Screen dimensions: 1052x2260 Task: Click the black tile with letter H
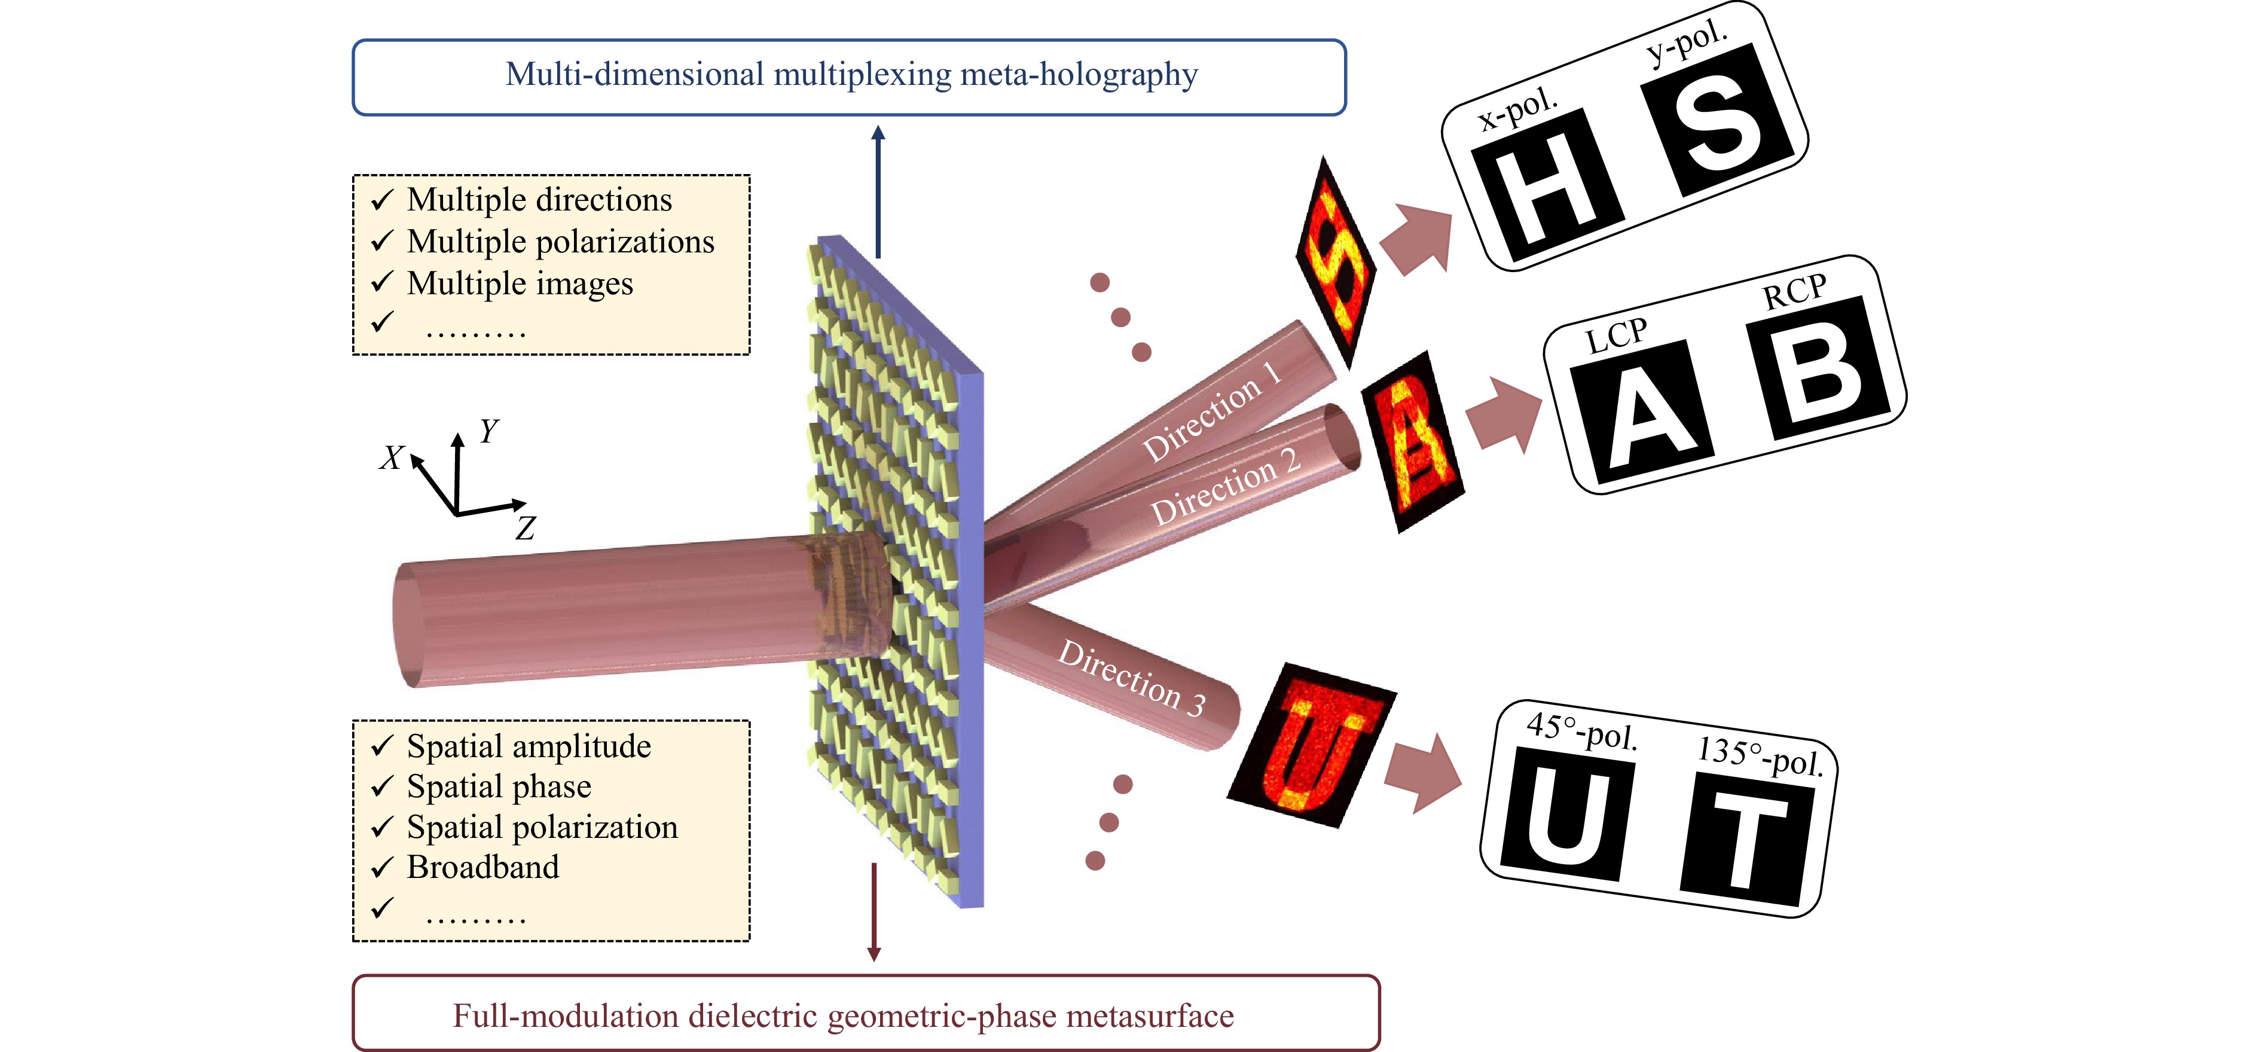pos(1547,185)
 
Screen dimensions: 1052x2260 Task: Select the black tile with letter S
pos(1716,121)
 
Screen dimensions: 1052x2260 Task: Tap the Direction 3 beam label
pos(1132,678)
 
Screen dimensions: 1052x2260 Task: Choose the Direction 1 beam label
pos(1211,413)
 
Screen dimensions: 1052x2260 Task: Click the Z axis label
pos(525,528)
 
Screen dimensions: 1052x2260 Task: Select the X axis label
pos(391,457)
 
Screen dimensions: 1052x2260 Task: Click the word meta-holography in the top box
pos(1079,75)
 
